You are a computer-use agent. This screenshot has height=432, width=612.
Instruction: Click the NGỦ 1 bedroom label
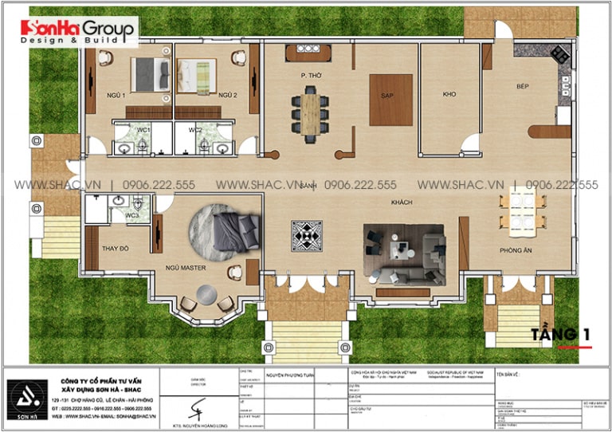tap(116, 96)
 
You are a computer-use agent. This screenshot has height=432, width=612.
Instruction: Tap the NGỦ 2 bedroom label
tap(229, 96)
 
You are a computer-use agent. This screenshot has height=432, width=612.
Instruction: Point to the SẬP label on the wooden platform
tap(390, 95)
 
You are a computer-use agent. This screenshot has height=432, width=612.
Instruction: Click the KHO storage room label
tap(449, 95)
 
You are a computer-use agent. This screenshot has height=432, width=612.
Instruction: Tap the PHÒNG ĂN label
tap(516, 249)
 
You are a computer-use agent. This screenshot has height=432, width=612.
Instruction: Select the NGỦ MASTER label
tap(186, 268)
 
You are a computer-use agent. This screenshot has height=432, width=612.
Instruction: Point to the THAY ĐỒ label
tap(115, 249)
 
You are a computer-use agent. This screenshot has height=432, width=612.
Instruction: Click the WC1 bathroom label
tap(143, 129)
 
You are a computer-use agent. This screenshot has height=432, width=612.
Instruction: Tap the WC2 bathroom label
tap(195, 129)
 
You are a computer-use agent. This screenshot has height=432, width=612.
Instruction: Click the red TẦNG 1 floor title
tap(561, 334)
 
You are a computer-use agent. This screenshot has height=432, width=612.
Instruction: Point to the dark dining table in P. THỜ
tap(308, 113)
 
